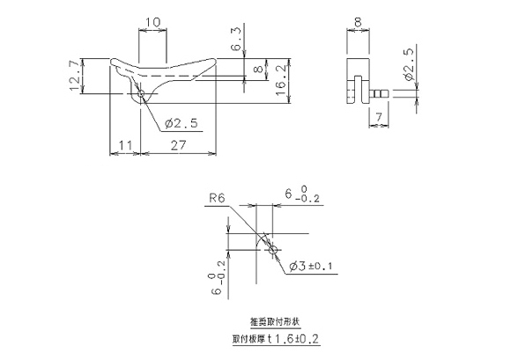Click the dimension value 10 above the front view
pos(152,21)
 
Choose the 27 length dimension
pos(178,145)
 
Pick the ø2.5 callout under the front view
pos(180,122)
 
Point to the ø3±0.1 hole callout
pos(310,267)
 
